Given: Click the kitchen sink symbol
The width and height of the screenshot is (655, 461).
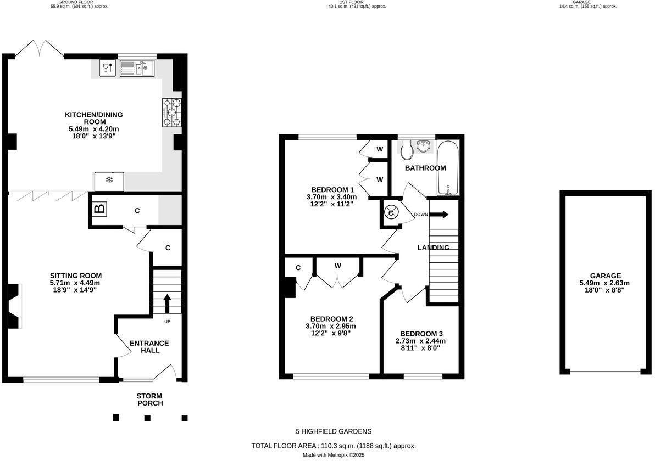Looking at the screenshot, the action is pos(137,68).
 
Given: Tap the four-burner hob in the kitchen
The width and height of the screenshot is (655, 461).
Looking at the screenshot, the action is pos(172,112).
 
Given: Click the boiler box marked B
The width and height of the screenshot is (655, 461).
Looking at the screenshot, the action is pos(100,208).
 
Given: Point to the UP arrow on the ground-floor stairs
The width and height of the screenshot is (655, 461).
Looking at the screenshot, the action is pos(167,303).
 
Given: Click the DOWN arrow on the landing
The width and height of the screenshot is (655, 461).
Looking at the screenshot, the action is pos(439,215).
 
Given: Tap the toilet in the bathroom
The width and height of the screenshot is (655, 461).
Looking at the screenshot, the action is pos(407,150).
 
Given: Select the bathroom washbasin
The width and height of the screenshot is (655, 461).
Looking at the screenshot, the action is pos(424,145).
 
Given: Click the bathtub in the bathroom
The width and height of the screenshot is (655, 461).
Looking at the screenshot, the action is pos(448,168).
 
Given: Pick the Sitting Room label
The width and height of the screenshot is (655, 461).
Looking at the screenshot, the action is pos(76,276).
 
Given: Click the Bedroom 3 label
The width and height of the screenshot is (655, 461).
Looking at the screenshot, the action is pos(421,334).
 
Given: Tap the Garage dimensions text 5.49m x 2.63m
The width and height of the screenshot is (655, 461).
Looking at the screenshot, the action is pos(604,283).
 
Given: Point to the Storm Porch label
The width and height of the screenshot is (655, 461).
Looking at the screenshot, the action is pos(150,399).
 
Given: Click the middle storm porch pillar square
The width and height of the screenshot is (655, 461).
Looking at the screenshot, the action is pos(147,418).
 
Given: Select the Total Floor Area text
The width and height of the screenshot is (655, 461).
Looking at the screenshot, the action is pos(334,446).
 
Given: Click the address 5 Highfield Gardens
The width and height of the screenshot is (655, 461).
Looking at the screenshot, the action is pos(334,431).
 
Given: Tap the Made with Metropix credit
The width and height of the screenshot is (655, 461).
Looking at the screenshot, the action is pos(334,455).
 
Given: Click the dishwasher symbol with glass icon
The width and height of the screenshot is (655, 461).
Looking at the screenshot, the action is pos(108,68).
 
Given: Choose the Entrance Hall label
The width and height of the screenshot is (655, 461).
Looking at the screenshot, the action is pos(149,347).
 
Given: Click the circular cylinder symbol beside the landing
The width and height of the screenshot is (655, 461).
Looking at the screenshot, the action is pos(391,213).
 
